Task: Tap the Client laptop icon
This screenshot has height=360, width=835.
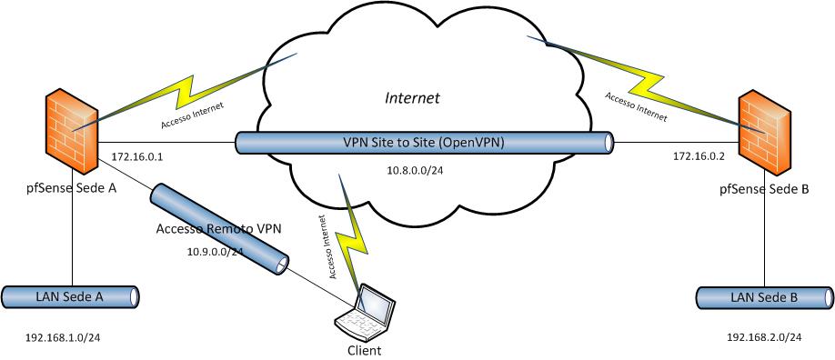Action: coord(366,313)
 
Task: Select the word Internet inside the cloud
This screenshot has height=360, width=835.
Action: coord(413,98)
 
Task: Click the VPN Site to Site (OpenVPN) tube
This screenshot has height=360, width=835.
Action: coord(425,144)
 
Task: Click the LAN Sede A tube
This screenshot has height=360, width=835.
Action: coord(70,297)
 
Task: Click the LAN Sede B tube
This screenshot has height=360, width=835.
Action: coord(765,297)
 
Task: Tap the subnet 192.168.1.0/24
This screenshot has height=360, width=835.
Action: coord(63,337)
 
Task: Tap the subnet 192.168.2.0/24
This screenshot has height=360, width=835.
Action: coord(764,337)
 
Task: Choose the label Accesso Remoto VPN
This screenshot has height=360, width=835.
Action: coord(218,229)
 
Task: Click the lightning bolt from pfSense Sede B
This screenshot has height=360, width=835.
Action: coord(647,85)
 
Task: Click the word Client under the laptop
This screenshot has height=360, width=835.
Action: coord(364,350)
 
